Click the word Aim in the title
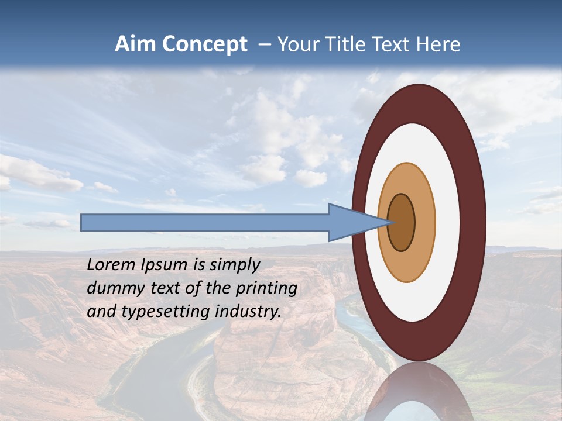click(x=135, y=44)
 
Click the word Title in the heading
click(x=346, y=44)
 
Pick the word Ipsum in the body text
click(x=162, y=265)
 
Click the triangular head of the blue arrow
click(x=351, y=222)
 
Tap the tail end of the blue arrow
click(x=83, y=222)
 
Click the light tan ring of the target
click(x=424, y=222)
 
